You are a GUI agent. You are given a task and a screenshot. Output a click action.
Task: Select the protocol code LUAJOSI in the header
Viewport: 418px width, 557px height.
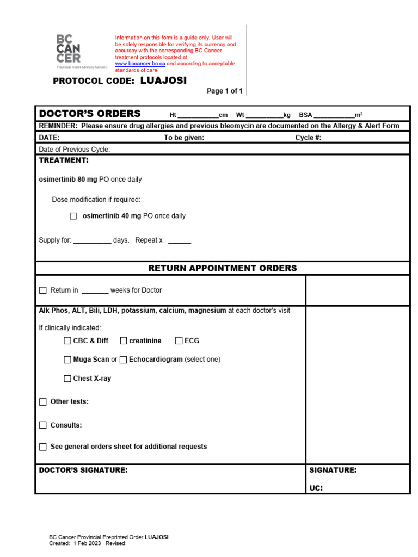coord(163,81)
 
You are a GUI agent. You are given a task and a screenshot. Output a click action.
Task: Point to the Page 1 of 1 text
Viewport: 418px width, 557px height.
coord(224,91)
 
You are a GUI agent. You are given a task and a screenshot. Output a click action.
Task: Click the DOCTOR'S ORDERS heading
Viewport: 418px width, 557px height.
coord(90,114)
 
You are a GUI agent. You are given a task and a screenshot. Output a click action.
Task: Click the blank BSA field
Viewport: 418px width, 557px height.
coord(334,115)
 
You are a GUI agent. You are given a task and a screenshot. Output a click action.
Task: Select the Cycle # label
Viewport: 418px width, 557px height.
coord(308,138)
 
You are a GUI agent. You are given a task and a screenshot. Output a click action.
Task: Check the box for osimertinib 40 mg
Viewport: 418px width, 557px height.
coord(73,216)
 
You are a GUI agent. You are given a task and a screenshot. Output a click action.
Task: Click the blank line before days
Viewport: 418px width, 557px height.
coord(92,240)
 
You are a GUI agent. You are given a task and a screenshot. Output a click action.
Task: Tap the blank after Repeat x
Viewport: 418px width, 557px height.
coord(180,240)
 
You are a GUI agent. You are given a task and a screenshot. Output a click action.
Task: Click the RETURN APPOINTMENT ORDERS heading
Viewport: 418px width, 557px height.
coord(223,268)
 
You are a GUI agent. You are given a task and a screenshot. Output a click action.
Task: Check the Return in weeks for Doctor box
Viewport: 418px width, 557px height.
coord(43,290)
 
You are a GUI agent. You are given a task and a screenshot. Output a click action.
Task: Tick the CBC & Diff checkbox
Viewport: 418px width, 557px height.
coord(67,341)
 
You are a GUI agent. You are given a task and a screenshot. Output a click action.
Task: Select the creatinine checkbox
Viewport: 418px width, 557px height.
coord(124,341)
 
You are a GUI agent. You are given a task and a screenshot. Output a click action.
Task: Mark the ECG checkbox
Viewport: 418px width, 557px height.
coord(179,341)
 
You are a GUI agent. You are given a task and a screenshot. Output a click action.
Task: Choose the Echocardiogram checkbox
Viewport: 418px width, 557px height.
coord(124,360)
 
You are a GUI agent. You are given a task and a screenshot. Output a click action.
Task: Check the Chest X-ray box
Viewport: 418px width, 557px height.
coord(67,379)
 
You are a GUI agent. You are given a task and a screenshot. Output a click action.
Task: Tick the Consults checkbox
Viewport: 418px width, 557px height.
coord(43,425)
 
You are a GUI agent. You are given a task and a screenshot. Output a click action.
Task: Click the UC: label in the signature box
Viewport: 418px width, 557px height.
coord(316,488)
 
